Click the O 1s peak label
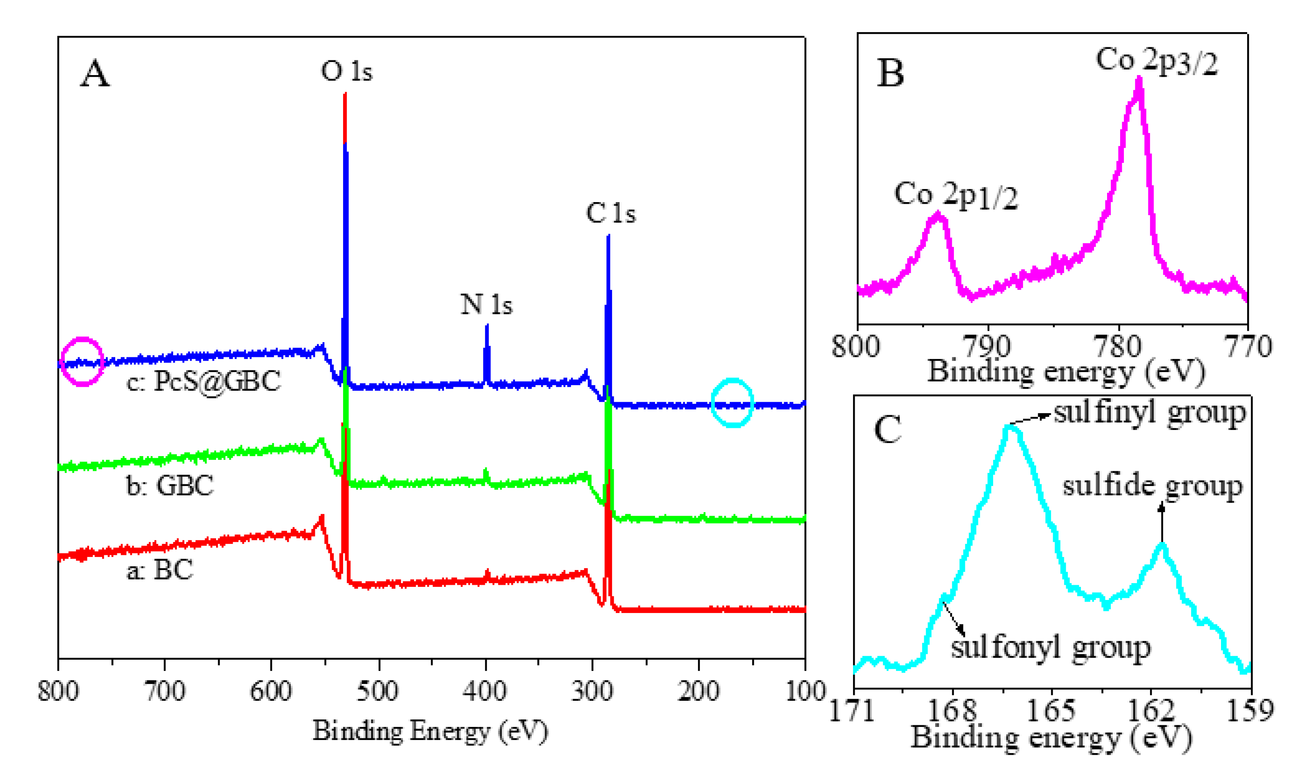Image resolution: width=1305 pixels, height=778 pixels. [347, 71]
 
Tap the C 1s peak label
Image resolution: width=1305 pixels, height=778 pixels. [610, 213]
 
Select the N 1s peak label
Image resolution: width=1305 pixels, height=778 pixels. [486, 304]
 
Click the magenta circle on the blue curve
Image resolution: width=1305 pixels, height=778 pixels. [82, 362]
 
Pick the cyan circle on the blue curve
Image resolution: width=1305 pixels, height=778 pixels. [732, 402]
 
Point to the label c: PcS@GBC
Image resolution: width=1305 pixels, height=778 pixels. [203, 381]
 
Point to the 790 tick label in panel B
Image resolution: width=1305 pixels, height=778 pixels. [987, 346]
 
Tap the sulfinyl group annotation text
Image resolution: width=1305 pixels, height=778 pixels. [1150, 413]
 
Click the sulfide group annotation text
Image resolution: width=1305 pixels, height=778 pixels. [1153, 486]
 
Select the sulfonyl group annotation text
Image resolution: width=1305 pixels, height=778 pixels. [1051, 647]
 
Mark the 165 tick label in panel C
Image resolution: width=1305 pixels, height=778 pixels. [1051, 710]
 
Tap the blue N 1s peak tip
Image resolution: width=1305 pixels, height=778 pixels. [487, 326]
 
